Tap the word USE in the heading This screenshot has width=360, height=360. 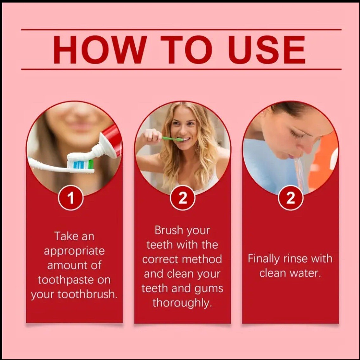tap(267, 49)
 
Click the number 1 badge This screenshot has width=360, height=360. tap(71, 198)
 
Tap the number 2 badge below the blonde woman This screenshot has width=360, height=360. tap(183, 198)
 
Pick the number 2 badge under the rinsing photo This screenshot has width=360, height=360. tap(290, 198)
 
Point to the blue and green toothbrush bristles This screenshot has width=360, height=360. tap(80, 164)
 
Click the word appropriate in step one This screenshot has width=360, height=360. tap(74, 251)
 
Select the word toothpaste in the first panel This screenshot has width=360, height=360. tap(66, 280)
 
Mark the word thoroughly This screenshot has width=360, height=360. tap(182, 303)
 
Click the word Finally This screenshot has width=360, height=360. tap(263, 259)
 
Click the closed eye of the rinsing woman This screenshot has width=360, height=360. tap(298, 136)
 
